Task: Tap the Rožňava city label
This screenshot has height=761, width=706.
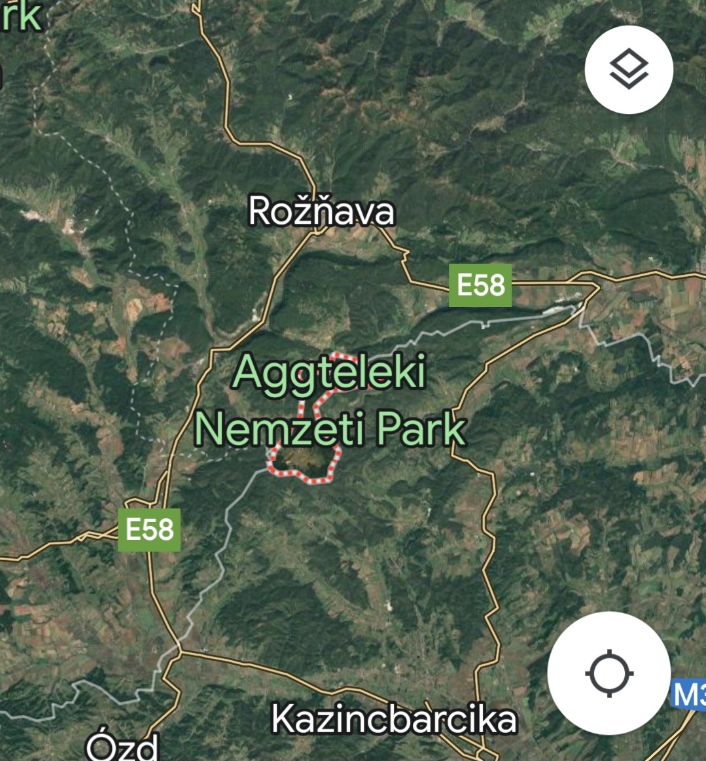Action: point(321,211)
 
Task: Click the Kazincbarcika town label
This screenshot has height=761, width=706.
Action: point(394,718)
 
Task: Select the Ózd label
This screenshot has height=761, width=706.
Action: point(122,747)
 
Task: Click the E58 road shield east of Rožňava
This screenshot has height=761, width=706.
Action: point(480,285)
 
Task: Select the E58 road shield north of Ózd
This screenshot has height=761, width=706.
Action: point(149,529)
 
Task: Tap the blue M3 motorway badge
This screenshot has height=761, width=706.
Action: point(690,694)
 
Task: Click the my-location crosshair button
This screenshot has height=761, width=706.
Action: point(609,673)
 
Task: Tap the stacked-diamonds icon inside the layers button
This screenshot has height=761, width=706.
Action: point(629,69)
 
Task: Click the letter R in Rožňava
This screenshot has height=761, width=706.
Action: point(260,211)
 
